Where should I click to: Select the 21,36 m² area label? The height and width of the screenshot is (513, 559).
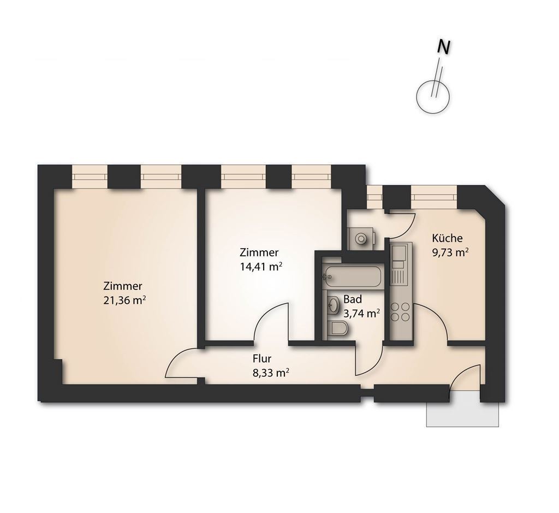pos(124,300)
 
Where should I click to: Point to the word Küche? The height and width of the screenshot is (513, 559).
pos(447,238)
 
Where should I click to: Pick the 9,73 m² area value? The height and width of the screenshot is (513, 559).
pos(450,252)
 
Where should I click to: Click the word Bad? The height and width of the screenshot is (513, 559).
pos(353,299)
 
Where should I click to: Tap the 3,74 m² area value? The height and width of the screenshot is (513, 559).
pos(361,314)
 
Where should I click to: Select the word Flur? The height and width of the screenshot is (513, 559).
pos(262,358)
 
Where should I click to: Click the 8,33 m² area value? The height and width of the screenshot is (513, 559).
pos(271,373)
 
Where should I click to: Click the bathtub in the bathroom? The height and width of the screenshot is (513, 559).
pos(353,276)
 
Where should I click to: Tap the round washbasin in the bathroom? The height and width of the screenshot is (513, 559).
pos(334,305)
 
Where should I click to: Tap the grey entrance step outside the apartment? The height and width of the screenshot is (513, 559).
pos(462,410)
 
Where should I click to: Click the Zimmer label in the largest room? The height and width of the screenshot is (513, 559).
pos(123,286)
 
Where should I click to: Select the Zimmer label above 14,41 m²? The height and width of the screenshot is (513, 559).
pos(259,252)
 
